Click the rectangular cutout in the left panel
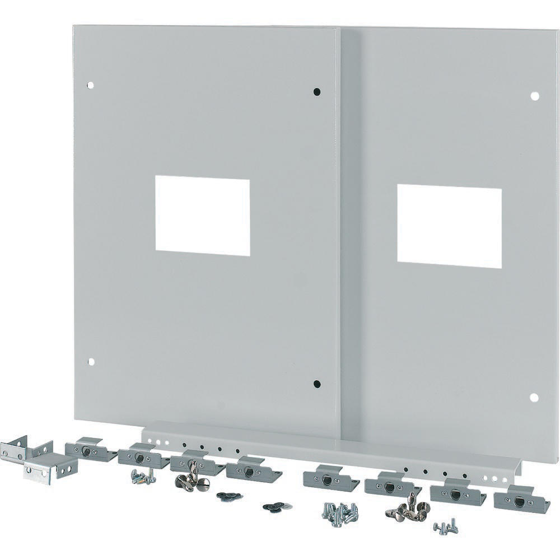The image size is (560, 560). pos(202,216)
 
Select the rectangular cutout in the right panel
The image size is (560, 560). pos(449,226)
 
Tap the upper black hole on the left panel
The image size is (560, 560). pos(316,91)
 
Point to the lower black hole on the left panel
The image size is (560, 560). pos(316,384)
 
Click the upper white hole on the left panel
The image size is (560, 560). pos(90,86)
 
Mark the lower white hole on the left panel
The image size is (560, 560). pos(91,362)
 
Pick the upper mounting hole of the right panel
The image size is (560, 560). pos(534,96)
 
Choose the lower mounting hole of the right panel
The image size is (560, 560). pos(534,397)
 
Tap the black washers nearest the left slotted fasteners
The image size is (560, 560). pos(228,496)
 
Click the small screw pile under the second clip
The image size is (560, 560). pos(143,477)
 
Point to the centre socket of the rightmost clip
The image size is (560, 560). pos(519,501)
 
